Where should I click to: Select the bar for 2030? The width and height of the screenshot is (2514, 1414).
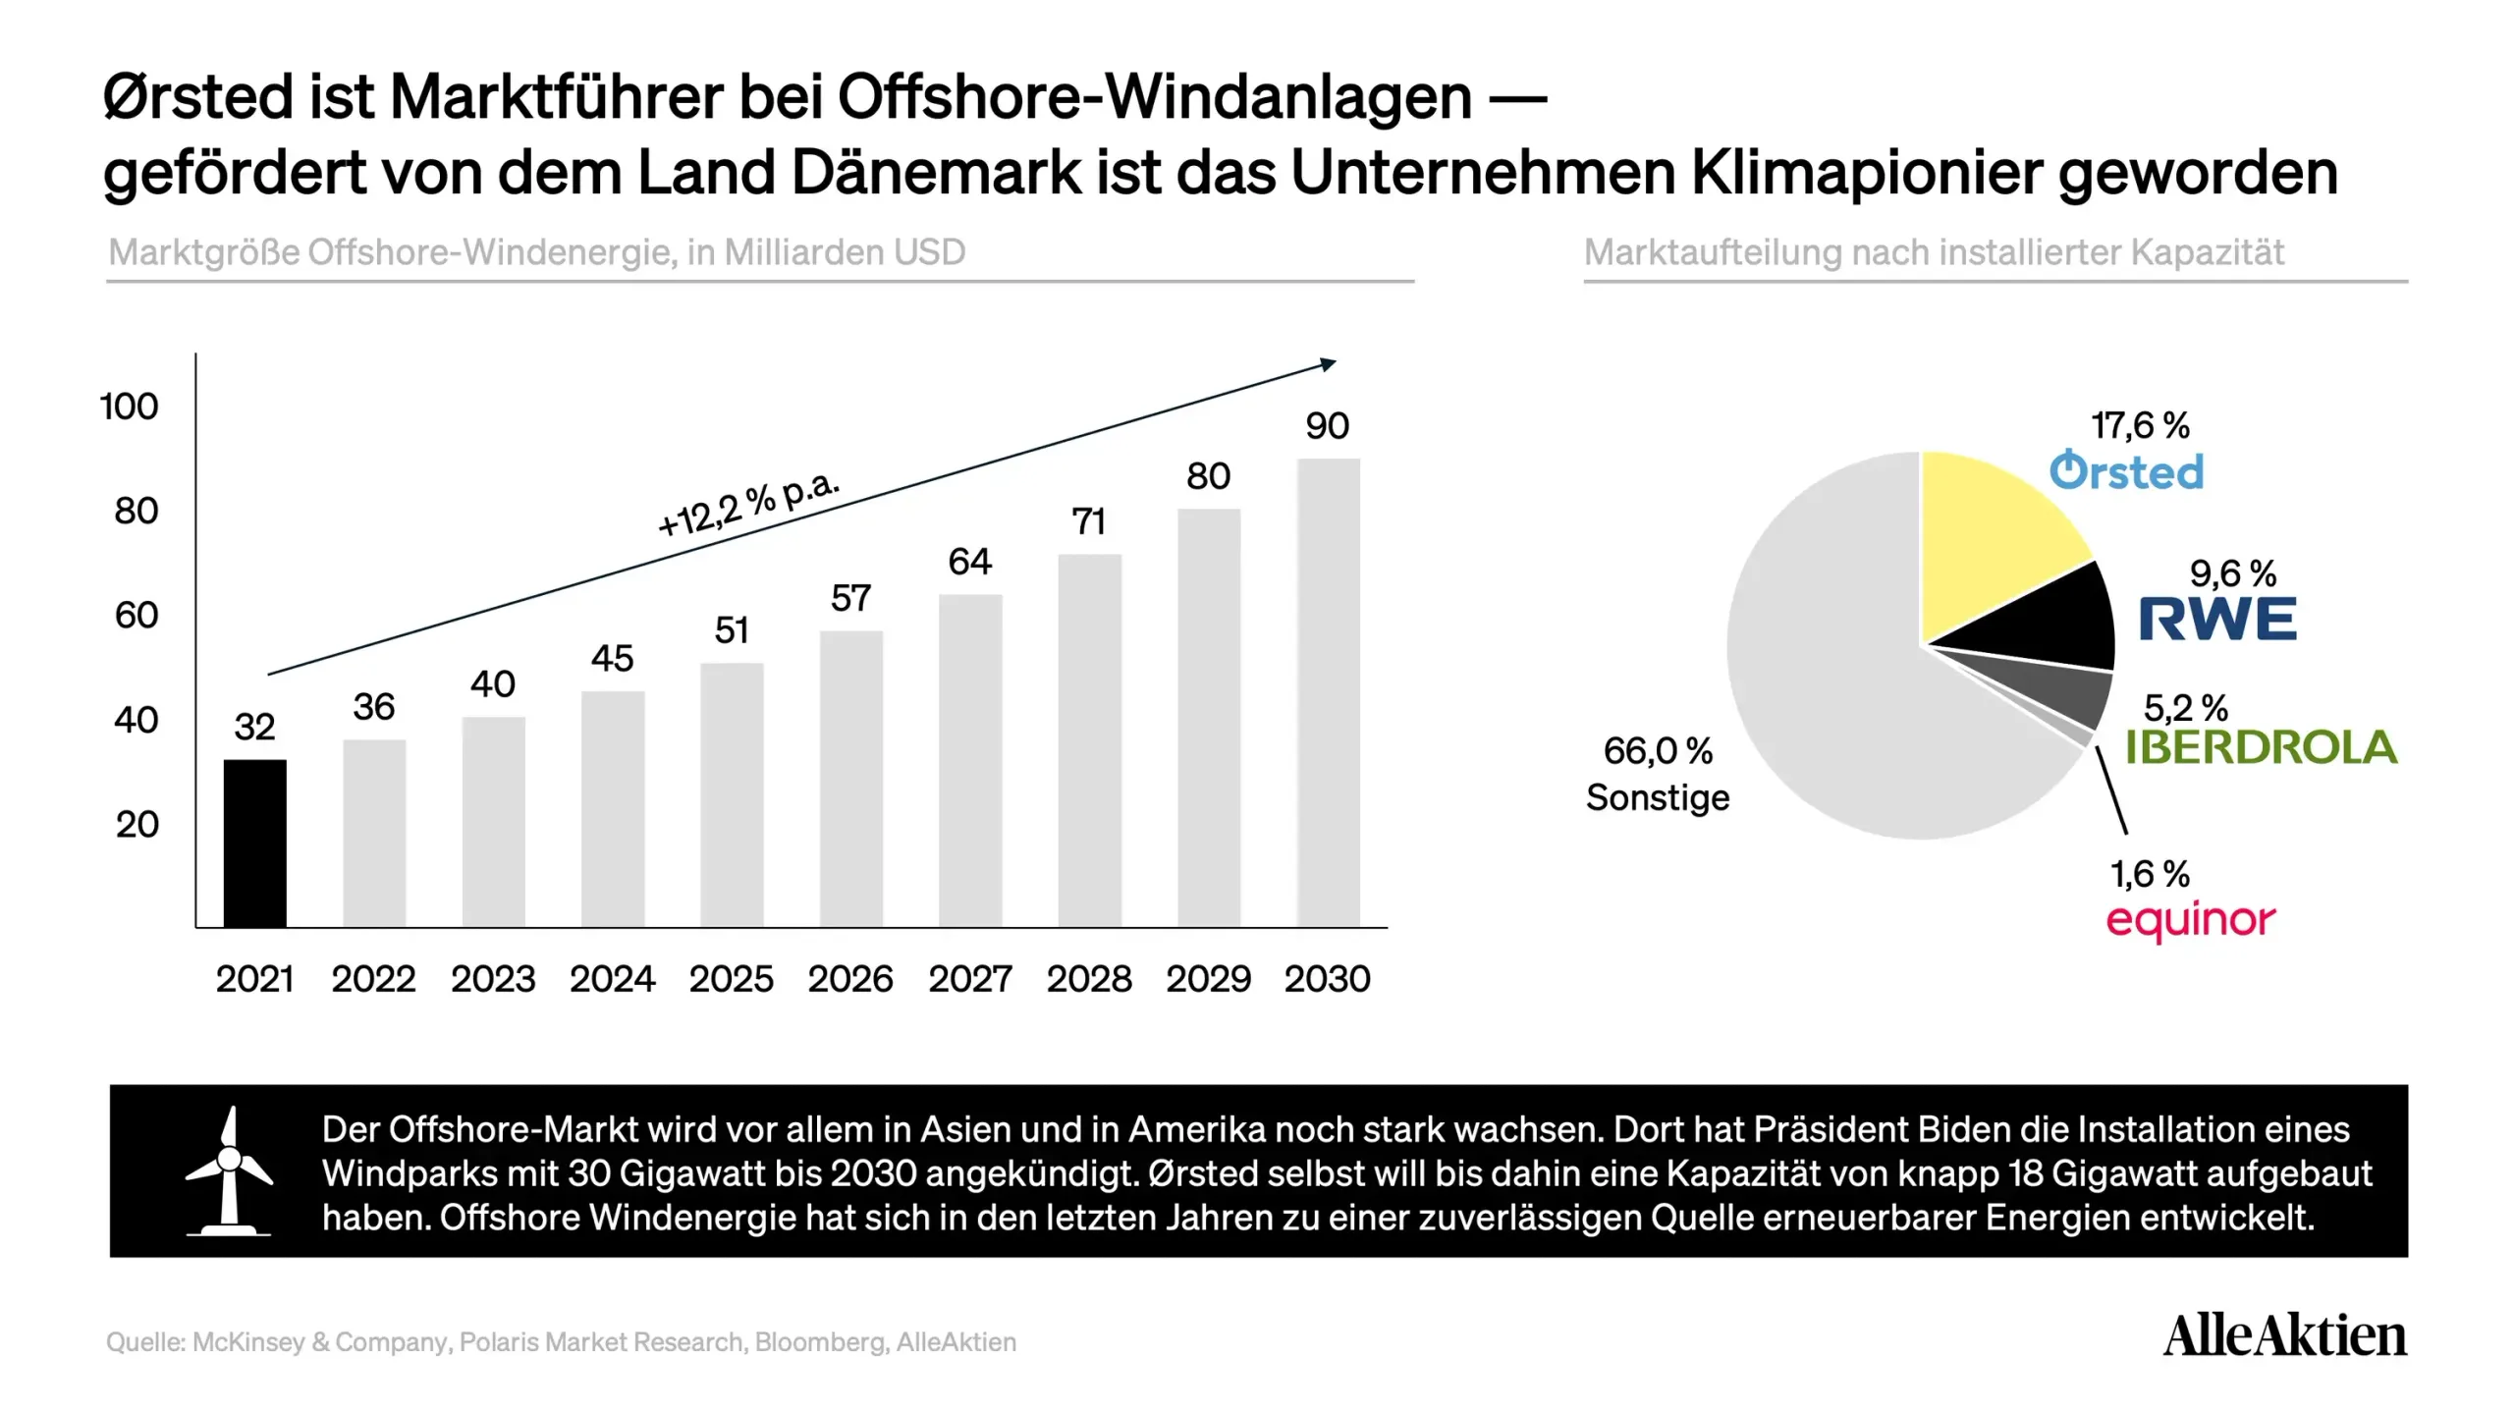click(x=1328, y=692)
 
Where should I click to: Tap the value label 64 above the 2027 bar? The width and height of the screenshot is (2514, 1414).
click(x=969, y=562)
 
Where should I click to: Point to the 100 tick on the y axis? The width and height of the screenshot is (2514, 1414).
click(x=129, y=407)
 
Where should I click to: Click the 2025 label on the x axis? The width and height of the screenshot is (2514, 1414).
click(x=731, y=979)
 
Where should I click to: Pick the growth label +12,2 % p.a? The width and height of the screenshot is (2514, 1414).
click(x=748, y=505)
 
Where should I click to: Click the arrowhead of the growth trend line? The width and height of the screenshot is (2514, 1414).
click(x=1328, y=365)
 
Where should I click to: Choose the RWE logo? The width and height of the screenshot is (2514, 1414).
click(x=2217, y=620)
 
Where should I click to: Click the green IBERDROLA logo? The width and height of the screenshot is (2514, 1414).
click(x=2261, y=747)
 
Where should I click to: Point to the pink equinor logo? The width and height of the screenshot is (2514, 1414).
click(x=2190, y=921)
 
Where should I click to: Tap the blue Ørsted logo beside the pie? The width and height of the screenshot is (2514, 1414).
click(x=2126, y=471)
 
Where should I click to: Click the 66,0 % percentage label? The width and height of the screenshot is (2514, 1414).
click(x=1658, y=751)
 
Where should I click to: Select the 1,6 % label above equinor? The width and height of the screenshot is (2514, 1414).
click(x=2150, y=874)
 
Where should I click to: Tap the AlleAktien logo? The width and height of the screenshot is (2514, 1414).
click(x=2284, y=1335)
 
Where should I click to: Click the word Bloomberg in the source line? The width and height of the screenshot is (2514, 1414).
click(x=820, y=1342)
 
